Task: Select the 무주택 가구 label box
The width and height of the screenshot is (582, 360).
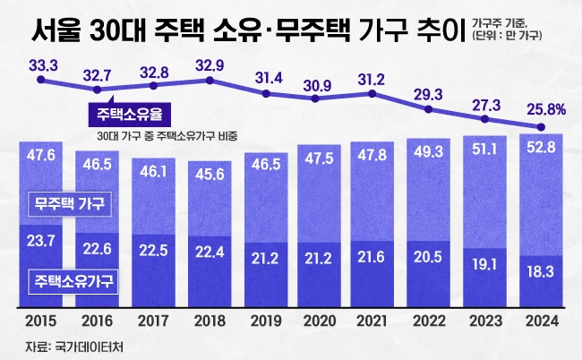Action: [x=69, y=203]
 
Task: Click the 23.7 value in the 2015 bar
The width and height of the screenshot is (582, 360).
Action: [x=42, y=240]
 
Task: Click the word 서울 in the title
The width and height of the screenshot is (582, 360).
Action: [x=52, y=35]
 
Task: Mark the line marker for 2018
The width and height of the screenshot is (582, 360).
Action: [x=210, y=80]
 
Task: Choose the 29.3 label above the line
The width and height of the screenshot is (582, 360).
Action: [x=431, y=93]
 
